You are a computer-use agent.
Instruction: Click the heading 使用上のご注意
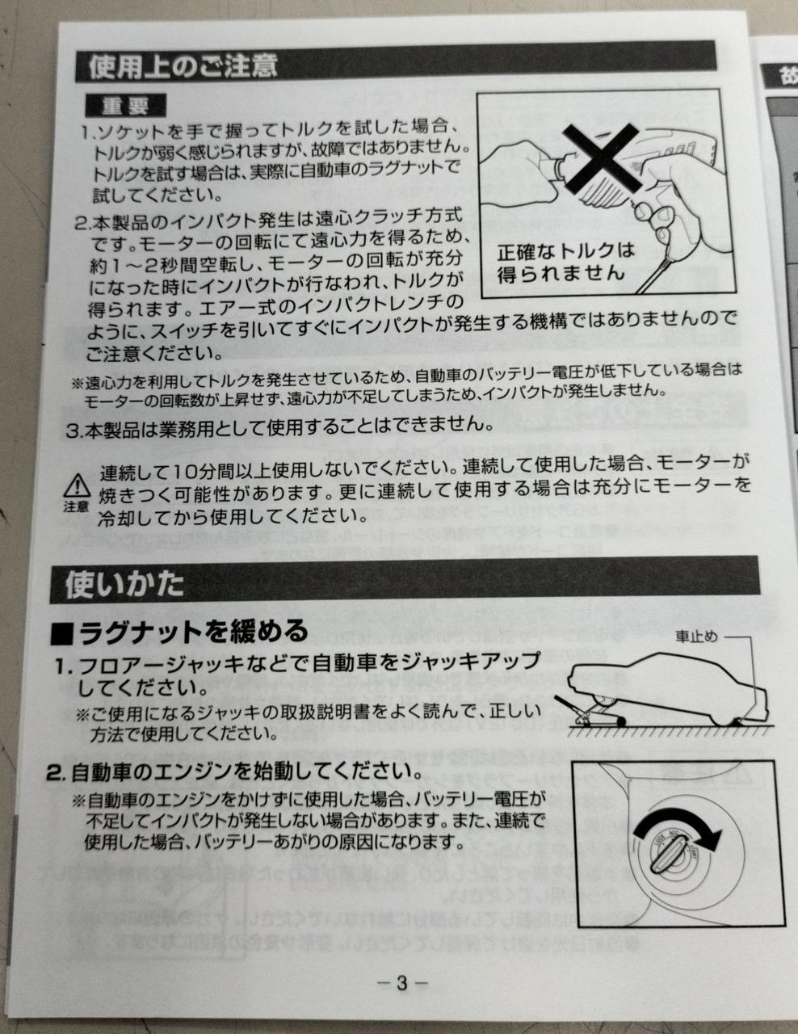click(183, 65)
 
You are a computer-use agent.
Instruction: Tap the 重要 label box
click(125, 106)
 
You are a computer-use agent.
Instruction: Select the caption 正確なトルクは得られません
click(566, 263)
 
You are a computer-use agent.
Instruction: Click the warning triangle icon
click(77, 485)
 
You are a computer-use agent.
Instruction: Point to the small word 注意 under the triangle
click(76, 506)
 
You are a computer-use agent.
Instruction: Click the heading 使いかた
click(124, 584)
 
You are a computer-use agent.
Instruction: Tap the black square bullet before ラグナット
click(62, 634)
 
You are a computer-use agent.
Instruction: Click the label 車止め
click(696, 637)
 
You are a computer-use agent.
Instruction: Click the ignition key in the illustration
click(668, 855)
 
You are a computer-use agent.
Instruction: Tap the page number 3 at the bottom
click(402, 983)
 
